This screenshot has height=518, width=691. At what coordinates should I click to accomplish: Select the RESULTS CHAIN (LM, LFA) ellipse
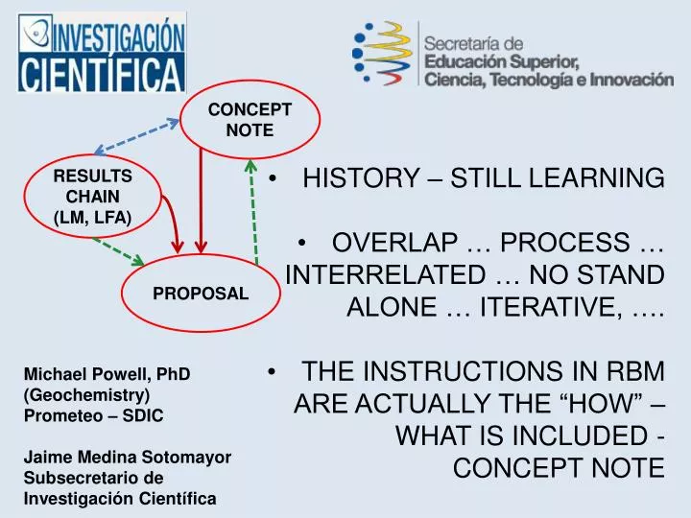[x=92, y=198]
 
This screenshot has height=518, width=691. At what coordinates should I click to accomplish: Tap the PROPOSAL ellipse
[x=201, y=293]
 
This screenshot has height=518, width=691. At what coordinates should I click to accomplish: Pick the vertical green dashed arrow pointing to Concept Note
[x=252, y=211]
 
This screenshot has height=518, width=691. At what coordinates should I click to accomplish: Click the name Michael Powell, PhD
[x=107, y=374]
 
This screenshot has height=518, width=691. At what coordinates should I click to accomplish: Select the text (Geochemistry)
[x=86, y=394]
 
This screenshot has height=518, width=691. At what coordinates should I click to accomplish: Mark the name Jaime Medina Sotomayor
[x=127, y=458]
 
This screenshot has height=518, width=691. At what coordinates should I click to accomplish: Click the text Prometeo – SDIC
[x=93, y=415]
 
